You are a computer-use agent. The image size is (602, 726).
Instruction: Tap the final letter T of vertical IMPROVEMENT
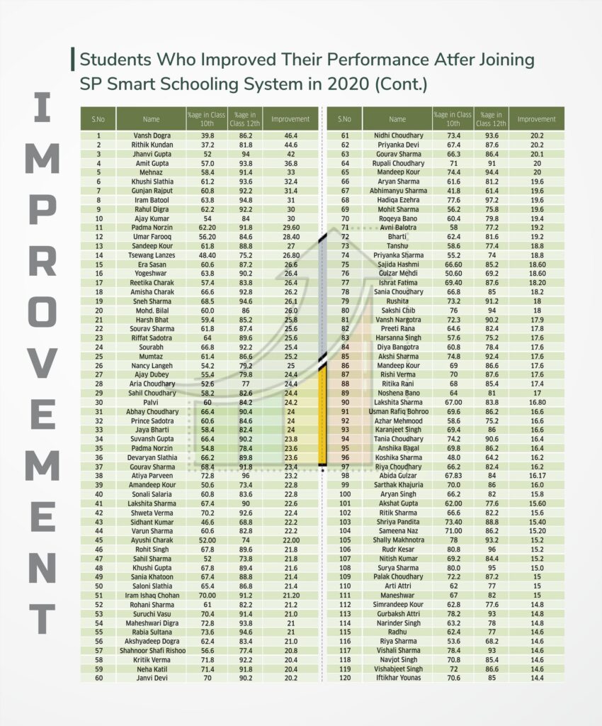(x=42, y=614)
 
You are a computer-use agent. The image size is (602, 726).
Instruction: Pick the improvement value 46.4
(x=290, y=135)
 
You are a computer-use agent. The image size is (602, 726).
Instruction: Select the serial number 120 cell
(x=345, y=678)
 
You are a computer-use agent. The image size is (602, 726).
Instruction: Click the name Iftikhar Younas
(x=398, y=678)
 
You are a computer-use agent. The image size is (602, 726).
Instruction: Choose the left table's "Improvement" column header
(x=290, y=118)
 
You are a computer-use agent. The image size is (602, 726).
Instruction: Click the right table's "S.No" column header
(x=345, y=118)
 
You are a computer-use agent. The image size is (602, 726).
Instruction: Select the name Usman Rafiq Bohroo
(x=398, y=411)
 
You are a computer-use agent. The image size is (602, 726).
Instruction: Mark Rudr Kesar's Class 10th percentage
(x=454, y=548)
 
